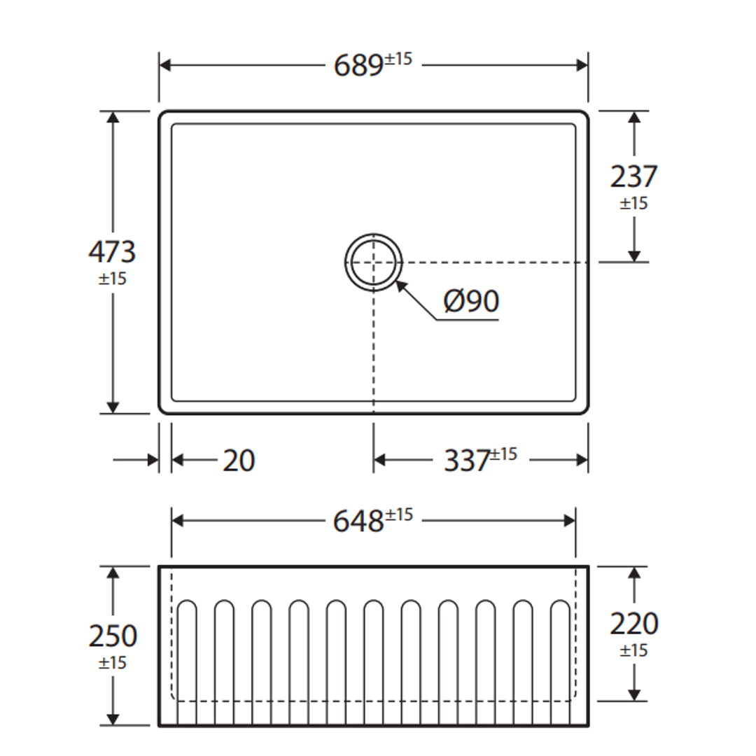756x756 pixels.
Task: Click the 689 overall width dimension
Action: point(358,66)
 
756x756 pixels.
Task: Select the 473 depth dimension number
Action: point(112,251)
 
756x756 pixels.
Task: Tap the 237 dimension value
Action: point(633,176)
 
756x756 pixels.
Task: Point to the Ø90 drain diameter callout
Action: point(471,302)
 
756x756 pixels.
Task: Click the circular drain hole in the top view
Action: point(374,262)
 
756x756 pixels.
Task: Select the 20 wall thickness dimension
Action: point(239,461)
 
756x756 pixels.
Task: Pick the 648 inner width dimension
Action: point(358,521)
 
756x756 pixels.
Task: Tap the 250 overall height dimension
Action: point(113,636)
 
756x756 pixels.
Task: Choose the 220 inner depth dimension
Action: point(633,623)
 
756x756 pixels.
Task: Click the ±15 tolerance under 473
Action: point(112,279)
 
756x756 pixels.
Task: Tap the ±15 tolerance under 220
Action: point(633,651)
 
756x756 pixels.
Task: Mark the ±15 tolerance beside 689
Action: point(398,59)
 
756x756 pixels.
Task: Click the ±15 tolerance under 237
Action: point(633,204)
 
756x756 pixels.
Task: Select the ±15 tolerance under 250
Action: point(113,663)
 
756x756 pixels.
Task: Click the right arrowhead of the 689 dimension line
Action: point(582,66)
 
